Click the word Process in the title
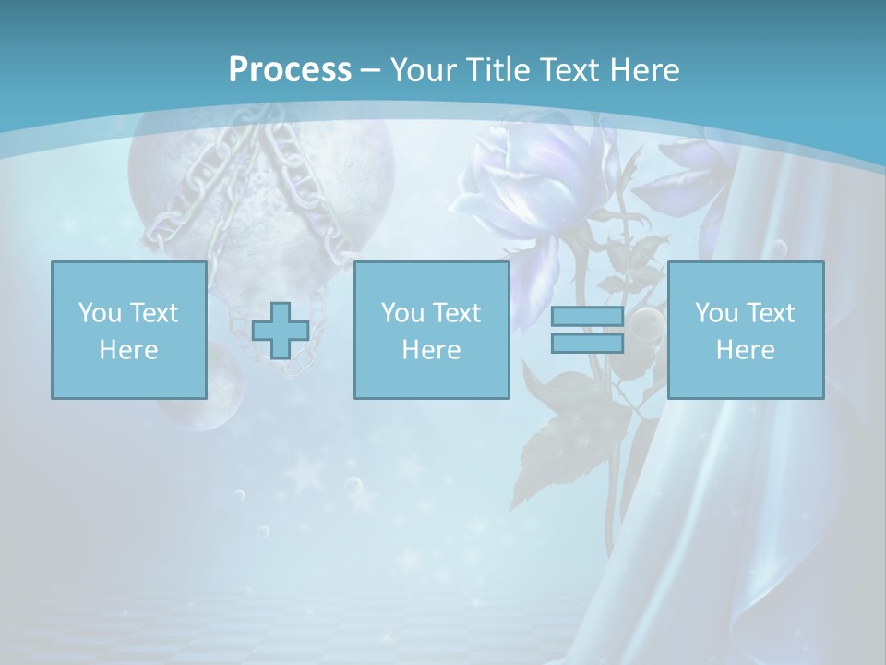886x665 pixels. pyautogui.click(x=290, y=70)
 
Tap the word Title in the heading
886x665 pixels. pyautogui.click(x=495, y=70)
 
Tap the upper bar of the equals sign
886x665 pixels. pyautogui.click(x=587, y=317)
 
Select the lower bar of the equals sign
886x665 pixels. pyautogui.click(x=587, y=343)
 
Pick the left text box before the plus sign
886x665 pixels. pyautogui.click(x=128, y=330)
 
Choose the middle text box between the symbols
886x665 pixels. pyautogui.click(x=431, y=330)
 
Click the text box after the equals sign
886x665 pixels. pyautogui.click(x=745, y=330)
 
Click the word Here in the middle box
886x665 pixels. pyautogui.click(x=431, y=350)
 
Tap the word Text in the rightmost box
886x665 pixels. pyautogui.click(x=770, y=312)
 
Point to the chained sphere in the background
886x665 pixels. pyautogui.click(x=261, y=185)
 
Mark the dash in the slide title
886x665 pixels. pyautogui.click(x=370, y=70)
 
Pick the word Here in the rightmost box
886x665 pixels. pyautogui.click(x=745, y=350)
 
